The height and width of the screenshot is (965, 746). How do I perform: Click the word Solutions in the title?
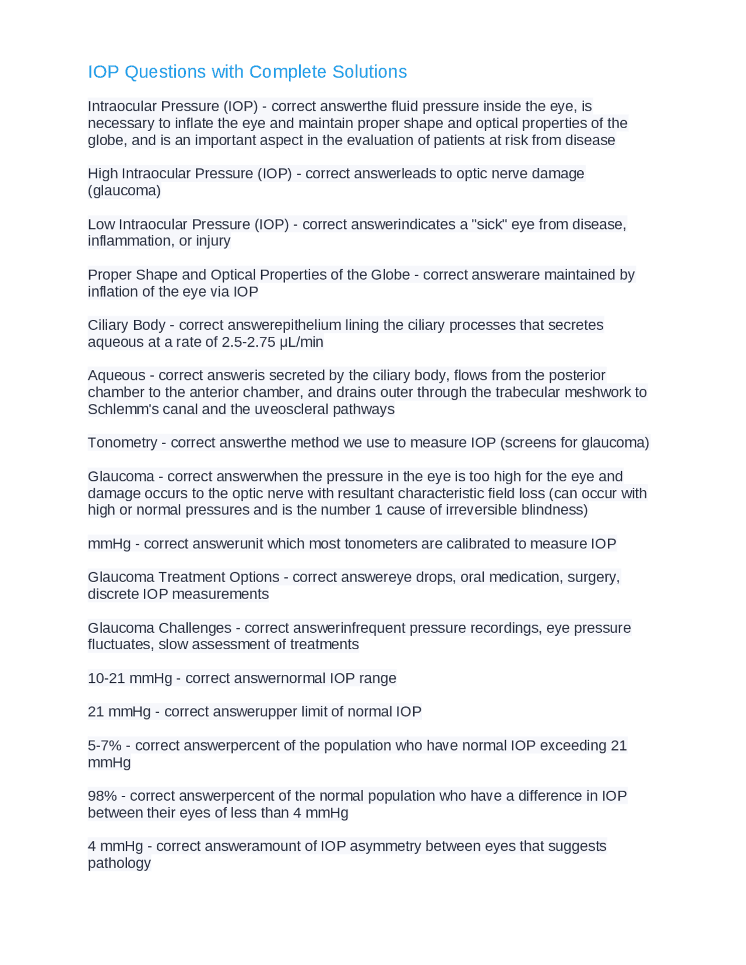point(370,72)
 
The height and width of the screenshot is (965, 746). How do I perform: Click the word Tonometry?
point(122,443)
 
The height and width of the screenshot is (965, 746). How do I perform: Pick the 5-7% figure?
point(104,746)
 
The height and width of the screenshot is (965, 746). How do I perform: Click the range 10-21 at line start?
point(107,678)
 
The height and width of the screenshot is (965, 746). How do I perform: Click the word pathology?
point(119,863)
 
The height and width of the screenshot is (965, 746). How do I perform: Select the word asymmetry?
point(385,846)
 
